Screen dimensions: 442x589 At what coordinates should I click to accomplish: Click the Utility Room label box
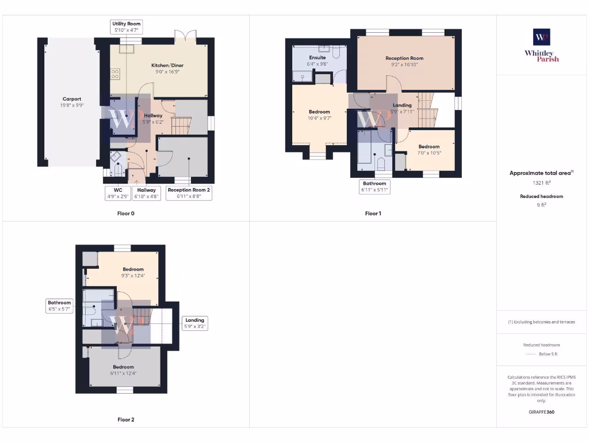126,26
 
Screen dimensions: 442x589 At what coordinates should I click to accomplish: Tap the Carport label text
72,102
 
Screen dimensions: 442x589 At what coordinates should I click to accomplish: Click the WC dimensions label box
117,193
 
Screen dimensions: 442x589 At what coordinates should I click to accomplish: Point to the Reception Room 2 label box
189,193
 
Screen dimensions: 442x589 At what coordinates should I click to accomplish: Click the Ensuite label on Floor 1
318,60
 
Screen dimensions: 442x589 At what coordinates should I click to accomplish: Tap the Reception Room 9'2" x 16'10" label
404,61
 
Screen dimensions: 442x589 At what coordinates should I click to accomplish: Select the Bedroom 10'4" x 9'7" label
319,115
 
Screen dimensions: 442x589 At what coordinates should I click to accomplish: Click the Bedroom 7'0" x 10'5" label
429,150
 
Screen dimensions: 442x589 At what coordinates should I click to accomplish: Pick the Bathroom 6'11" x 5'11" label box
374,186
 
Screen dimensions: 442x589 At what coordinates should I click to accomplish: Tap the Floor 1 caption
373,214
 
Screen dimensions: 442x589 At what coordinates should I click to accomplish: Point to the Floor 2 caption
126,420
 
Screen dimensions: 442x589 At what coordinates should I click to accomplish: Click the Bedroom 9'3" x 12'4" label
133,272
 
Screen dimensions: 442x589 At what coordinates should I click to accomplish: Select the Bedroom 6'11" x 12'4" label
123,370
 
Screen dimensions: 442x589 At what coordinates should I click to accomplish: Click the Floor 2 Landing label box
194,323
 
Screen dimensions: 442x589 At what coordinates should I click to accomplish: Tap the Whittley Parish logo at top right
541,45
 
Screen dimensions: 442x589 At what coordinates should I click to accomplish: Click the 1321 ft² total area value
541,183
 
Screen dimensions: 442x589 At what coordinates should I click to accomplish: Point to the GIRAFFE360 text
541,412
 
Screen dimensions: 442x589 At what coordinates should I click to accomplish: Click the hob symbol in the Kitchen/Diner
115,74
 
